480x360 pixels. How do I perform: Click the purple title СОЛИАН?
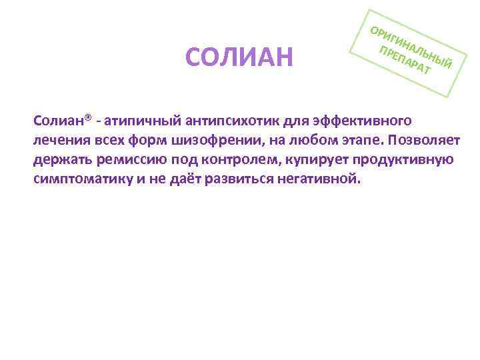[x=239, y=58]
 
